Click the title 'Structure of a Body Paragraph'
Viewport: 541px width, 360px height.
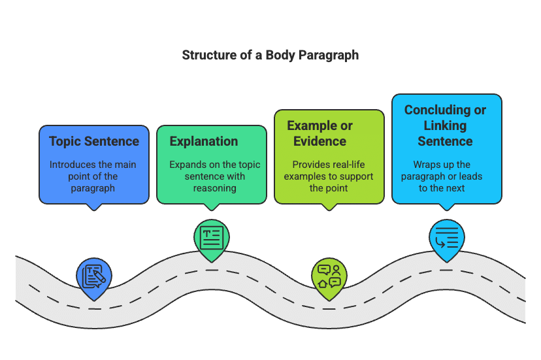click(x=270, y=55)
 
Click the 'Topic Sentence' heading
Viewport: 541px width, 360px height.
click(x=94, y=141)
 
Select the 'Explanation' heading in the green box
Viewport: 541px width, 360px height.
click(x=204, y=141)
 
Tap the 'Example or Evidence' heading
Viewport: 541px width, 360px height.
click(x=320, y=133)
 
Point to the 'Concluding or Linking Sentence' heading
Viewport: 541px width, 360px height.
click(x=445, y=125)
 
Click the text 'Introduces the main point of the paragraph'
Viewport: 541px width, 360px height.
click(x=94, y=176)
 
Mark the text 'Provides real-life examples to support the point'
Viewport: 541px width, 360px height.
click(x=329, y=176)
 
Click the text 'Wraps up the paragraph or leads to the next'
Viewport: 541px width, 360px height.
click(x=447, y=176)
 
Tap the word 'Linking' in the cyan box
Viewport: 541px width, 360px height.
click(x=445, y=125)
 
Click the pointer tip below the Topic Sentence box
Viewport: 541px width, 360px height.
click(x=94, y=208)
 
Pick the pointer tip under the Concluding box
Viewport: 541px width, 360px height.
click(x=447, y=208)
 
